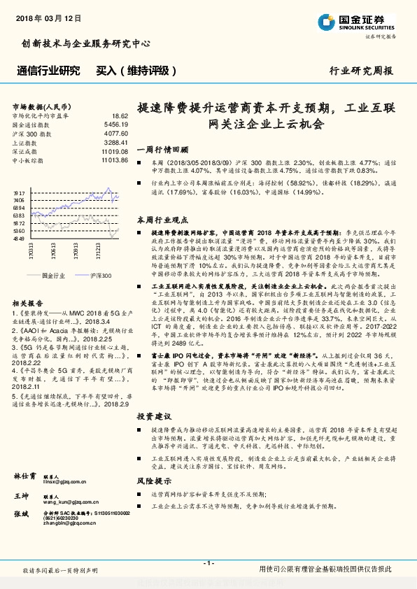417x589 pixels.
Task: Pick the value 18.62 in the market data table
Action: coord(120,115)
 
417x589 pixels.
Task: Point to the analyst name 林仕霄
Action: coord(25,476)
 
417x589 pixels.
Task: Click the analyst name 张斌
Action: coord(21,513)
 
